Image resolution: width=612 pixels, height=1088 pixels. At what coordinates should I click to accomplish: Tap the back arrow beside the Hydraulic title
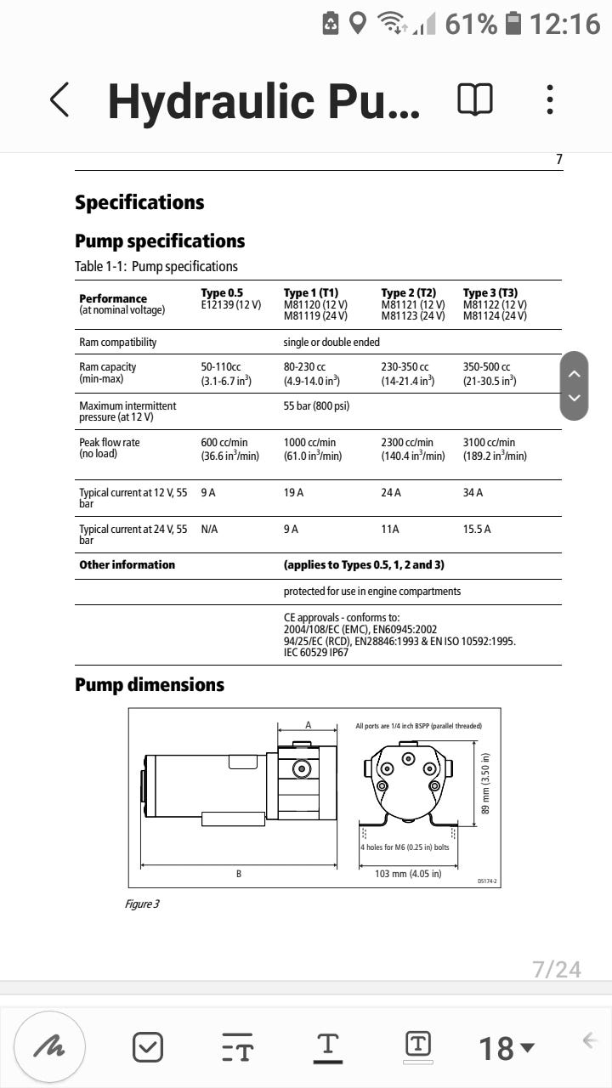[59, 100]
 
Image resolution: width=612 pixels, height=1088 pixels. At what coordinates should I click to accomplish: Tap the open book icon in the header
[475, 99]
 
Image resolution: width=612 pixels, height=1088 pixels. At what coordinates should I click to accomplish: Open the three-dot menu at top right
[551, 99]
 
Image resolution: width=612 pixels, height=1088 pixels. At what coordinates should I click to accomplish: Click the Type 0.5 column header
[222, 293]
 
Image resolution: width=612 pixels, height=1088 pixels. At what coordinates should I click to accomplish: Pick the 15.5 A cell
[477, 529]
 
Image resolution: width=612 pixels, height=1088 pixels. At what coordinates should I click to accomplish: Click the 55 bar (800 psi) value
[316, 405]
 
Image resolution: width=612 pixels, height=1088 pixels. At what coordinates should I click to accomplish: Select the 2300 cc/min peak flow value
[407, 443]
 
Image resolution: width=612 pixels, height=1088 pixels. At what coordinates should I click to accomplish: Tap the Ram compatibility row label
[118, 342]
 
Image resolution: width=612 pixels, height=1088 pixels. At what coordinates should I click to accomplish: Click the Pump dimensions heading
[150, 685]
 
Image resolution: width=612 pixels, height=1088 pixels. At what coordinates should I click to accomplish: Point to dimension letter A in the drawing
[309, 725]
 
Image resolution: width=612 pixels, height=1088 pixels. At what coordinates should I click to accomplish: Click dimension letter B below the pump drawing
[239, 874]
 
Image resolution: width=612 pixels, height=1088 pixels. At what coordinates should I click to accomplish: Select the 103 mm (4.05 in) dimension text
[408, 874]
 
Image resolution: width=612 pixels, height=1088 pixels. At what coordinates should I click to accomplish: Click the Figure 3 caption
[142, 904]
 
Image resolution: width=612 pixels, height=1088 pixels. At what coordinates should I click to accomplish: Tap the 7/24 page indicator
[557, 969]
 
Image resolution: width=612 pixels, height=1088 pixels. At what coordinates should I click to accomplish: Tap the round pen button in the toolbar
[49, 1046]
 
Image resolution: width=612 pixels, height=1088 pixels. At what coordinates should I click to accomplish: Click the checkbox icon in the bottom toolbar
[148, 1046]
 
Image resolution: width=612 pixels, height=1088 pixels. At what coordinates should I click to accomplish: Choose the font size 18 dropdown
[507, 1048]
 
